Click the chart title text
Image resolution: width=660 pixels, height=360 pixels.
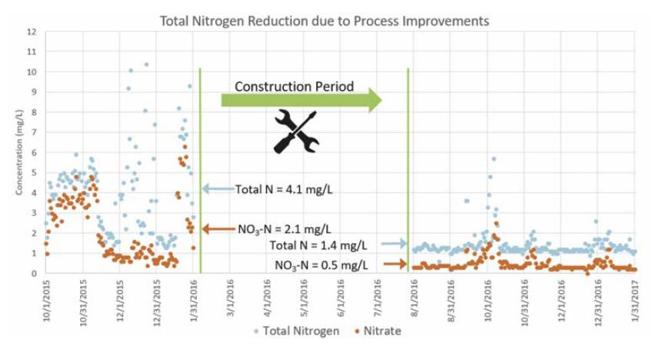coord(324,21)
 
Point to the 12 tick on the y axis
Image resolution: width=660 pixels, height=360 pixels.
coord(32,32)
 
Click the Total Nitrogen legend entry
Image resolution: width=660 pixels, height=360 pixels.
coord(293,331)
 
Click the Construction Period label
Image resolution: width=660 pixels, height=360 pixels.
coord(294,87)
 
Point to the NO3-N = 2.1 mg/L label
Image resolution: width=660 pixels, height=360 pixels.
coord(284,228)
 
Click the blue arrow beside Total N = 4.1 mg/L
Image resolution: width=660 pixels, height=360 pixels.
coord(219,188)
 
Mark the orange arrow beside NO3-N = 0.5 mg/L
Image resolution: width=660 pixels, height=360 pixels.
coord(393,264)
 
